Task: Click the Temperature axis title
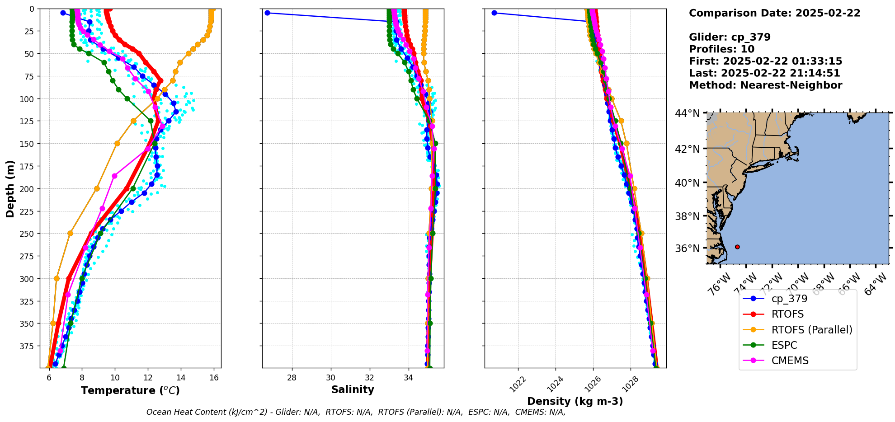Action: click(130, 390)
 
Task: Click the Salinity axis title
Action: click(353, 389)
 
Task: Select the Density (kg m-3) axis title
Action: click(575, 401)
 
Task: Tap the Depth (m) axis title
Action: click(10, 188)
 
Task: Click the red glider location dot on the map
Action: click(737, 247)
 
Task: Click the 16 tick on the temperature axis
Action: click(214, 378)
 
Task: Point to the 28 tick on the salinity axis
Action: click(292, 378)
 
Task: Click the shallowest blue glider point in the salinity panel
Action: click(267, 13)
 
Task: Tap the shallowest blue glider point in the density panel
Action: click(494, 13)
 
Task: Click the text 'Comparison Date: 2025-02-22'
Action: click(774, 13)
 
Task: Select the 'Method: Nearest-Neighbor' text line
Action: click(765, 85)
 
